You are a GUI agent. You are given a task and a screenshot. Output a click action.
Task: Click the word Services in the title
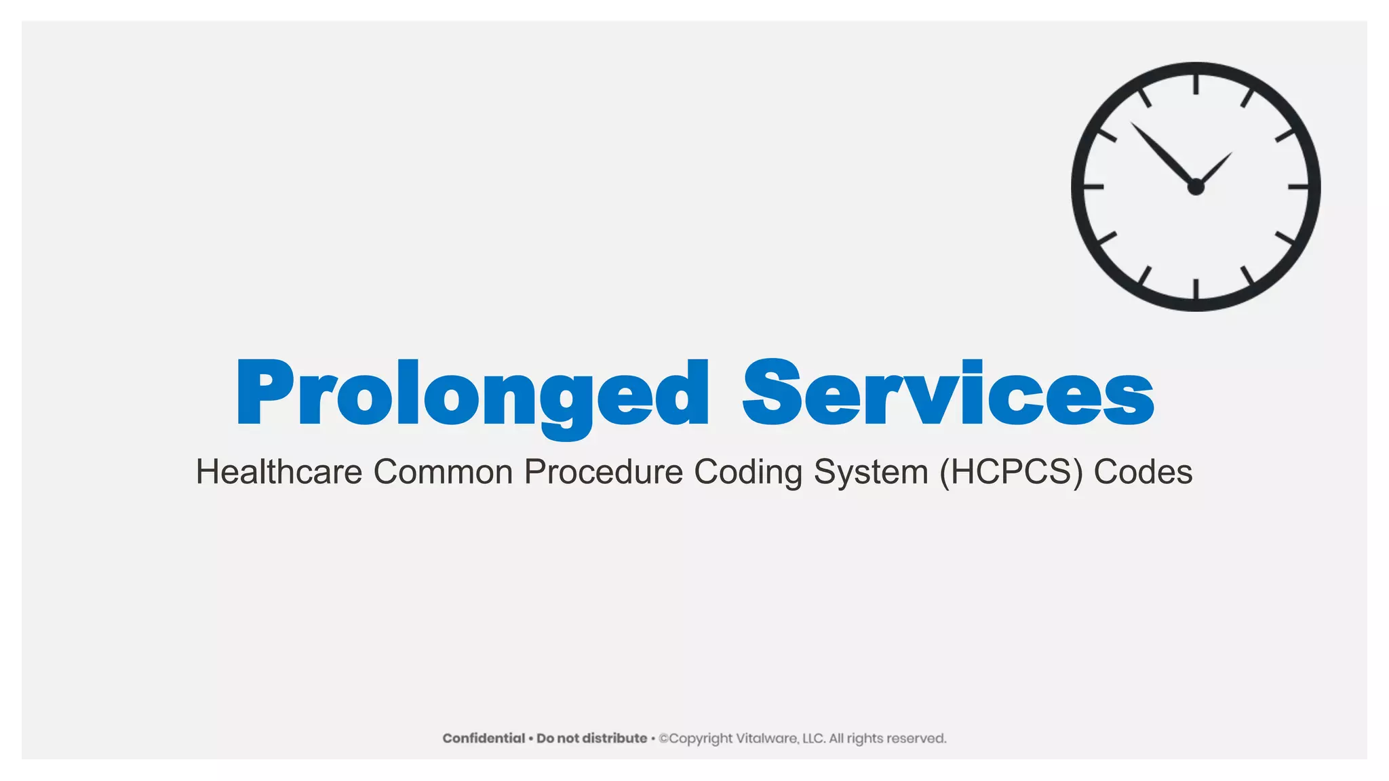point(948,394)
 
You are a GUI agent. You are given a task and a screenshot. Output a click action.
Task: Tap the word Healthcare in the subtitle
point(279,472)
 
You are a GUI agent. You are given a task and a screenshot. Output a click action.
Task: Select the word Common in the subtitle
point(443,472)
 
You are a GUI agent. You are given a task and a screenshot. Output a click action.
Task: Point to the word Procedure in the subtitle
point(603,473)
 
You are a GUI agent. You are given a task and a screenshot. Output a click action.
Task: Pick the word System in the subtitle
point(871,473)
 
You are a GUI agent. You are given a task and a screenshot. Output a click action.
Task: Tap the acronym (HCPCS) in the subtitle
point(1011,473)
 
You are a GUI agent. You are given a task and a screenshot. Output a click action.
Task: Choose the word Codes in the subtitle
point(1143,472)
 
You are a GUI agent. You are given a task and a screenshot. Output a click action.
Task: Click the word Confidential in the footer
point(484,738)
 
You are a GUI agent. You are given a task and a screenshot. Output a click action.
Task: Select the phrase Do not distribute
point(591,738)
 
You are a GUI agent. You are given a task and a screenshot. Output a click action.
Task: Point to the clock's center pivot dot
point(1196,187)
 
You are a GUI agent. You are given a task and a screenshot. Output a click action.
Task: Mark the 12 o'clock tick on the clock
point(1196,85)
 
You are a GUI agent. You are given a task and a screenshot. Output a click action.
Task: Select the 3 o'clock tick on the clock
point(1297,186)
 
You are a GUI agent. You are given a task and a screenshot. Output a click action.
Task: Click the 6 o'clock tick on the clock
point(1196,289)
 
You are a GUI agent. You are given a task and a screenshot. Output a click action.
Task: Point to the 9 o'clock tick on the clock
point(1094,186)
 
